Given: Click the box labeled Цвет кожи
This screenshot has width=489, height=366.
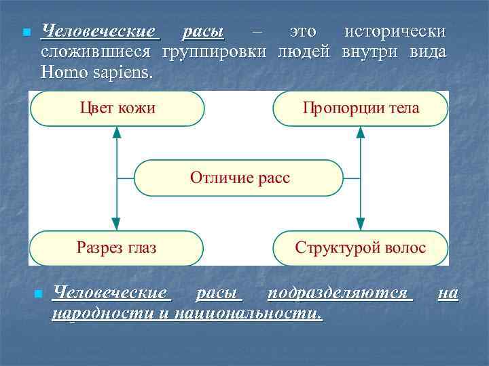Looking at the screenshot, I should click(x=117, y=108).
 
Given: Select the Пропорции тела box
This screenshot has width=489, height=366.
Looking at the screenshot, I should click(x=361, y=108).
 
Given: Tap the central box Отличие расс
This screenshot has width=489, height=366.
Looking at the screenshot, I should click(x=239, y=178).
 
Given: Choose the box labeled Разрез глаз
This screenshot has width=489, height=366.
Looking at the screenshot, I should click(x=116, y=247).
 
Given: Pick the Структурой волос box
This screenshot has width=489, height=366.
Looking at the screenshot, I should click(x=361, y=247).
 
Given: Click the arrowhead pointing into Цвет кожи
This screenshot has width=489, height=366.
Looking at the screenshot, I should click(x=116, y=133).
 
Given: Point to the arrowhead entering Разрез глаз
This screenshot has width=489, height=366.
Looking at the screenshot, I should click(x=116, y=224).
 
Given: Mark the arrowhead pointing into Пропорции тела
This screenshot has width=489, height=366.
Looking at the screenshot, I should click(x=361, y=133).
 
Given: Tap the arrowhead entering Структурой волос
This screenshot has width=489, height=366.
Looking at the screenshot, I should click(x=361, y=224).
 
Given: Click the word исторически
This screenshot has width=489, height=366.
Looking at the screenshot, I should click(x=395, y=32).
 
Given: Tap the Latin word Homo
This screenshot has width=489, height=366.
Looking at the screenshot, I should click(x=63, y=72).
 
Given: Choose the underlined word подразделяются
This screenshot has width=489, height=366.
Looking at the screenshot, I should click(x=340, y=293).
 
